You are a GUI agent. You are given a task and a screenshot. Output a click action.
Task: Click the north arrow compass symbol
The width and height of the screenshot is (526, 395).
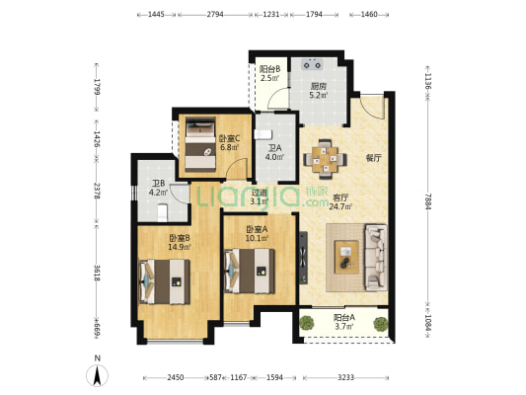tap(98, 375)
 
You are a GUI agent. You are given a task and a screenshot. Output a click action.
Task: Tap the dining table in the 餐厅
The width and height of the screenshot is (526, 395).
tap(325, 159)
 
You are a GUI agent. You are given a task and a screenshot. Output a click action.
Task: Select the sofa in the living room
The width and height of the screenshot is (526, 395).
tap(376, 258)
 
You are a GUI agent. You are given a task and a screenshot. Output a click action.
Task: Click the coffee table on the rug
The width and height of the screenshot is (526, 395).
tap(346, 257)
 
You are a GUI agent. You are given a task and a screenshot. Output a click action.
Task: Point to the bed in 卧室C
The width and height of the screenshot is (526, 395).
tap(200, 144)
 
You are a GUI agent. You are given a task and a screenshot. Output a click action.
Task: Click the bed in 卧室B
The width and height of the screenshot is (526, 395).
tap(165, 281)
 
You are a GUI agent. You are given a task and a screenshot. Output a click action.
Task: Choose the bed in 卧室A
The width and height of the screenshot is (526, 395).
tap(250, 271)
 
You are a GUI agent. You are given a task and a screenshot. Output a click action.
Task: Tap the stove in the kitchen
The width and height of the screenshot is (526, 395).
tap(312, 64)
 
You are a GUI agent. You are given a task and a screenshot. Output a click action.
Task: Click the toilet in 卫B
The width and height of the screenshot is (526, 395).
tap(163, 212)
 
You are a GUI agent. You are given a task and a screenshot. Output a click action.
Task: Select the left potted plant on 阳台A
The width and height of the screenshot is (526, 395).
tap(307, 323)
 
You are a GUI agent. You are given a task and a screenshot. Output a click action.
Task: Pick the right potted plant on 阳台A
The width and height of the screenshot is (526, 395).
tap(381, 324)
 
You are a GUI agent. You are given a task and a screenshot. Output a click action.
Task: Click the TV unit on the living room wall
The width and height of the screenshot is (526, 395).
tap(303, 258)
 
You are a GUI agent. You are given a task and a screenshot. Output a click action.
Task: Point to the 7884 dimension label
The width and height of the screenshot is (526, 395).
tap(427, 202)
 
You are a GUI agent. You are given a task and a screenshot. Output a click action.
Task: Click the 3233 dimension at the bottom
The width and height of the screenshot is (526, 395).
tap(345, 377)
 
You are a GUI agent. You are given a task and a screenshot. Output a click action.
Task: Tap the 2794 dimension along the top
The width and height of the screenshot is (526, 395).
tap(215, 15)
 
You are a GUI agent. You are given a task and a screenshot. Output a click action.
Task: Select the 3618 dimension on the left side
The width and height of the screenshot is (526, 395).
tap(97, 273)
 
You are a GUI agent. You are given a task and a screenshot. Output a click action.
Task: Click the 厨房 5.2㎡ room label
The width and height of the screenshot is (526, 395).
tap(318, 91)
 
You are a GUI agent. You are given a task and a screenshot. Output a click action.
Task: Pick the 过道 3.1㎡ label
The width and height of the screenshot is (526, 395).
tap(260, 197)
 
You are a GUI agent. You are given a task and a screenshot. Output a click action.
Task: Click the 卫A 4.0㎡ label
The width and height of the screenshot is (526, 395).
tap(274, 152)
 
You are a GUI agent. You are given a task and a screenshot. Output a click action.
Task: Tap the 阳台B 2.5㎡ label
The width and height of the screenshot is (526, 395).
tap(270, 73)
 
